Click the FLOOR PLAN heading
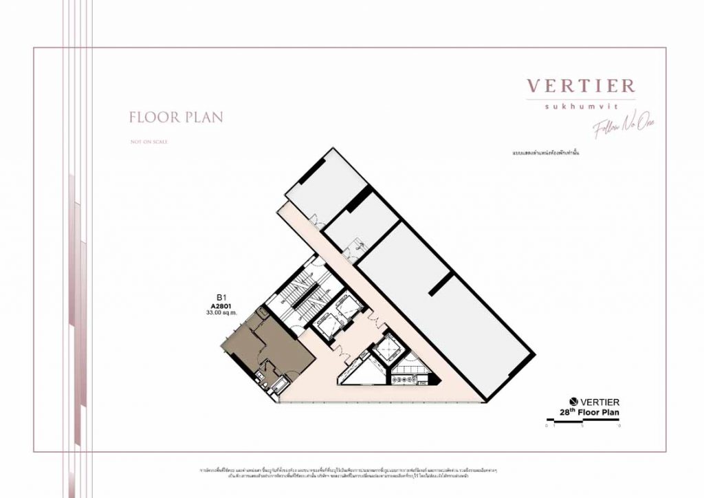176,118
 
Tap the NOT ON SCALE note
148,142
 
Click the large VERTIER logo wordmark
581,86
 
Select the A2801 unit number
222,306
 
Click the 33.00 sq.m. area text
222,313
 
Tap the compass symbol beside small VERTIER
573,402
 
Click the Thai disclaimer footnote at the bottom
351,472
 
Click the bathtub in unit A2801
281,385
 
